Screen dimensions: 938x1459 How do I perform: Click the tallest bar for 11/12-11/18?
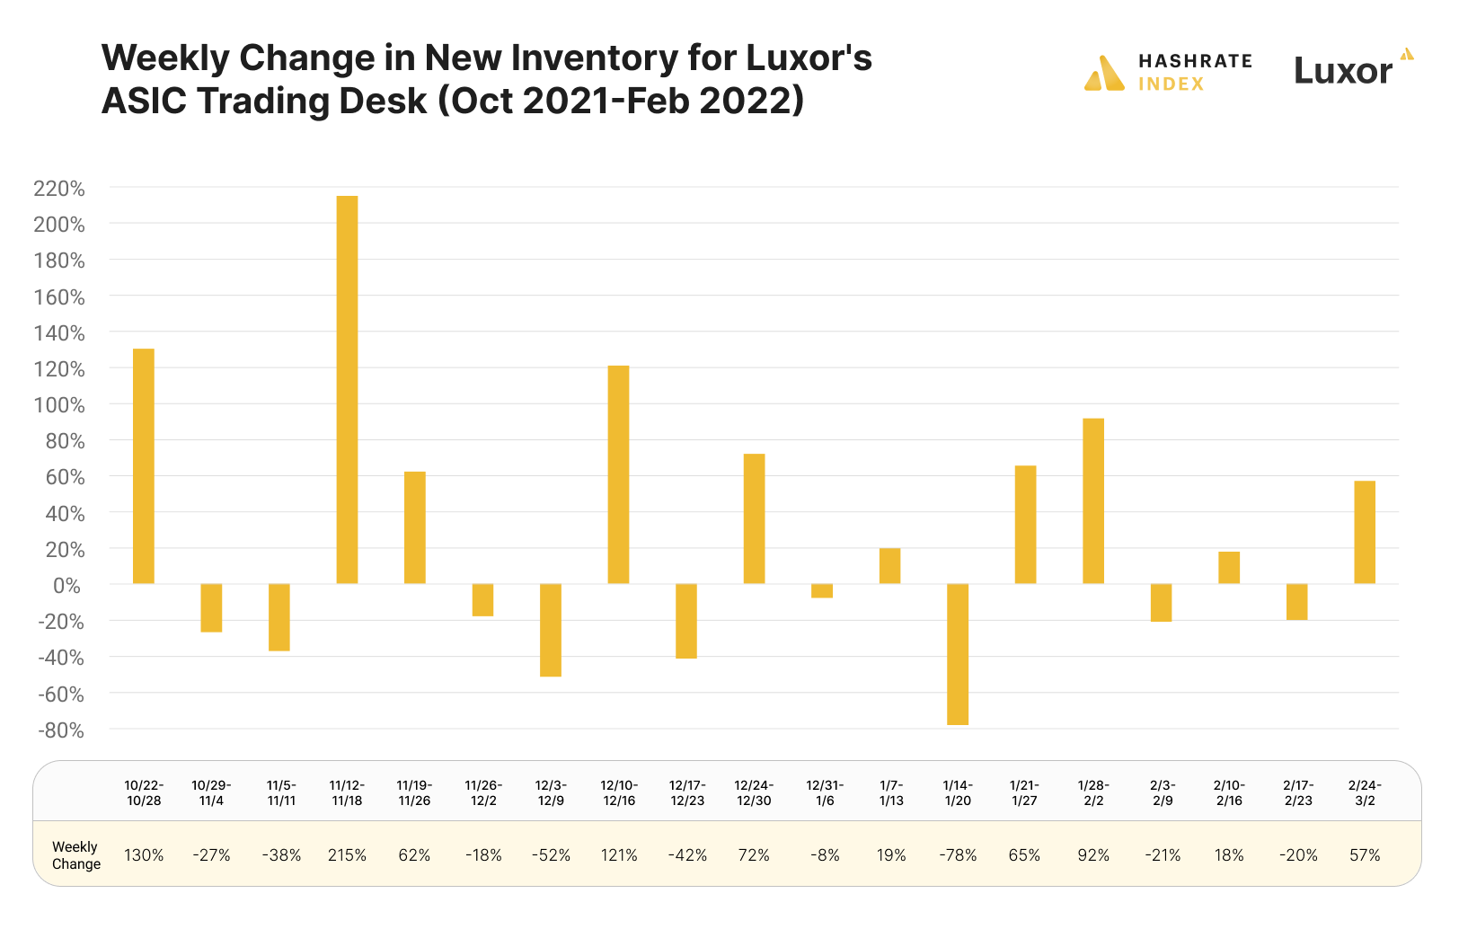347,389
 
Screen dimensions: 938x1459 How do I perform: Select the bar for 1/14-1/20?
958,654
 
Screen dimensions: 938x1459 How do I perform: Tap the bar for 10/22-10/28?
144,466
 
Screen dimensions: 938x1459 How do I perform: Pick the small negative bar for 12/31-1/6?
822,591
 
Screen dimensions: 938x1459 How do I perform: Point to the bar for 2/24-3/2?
1365,533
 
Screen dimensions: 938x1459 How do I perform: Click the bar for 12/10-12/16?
618,474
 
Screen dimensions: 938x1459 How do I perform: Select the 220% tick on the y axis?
59,189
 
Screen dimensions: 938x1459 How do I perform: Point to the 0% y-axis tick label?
66,586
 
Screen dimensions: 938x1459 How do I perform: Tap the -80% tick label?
61,730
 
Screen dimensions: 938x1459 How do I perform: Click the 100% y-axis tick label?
59,405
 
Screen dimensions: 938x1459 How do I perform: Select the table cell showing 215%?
347,855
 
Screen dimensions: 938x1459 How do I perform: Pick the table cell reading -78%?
958,855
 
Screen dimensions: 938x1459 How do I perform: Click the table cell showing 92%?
1093,855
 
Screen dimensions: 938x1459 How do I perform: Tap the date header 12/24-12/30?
754,792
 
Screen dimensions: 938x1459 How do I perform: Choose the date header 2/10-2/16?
1229,792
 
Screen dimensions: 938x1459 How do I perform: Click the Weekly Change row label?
76,855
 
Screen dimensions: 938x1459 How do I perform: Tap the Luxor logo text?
1343,71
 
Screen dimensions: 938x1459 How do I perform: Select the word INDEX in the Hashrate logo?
1171,84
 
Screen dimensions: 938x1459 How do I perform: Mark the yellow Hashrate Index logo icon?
1104,74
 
